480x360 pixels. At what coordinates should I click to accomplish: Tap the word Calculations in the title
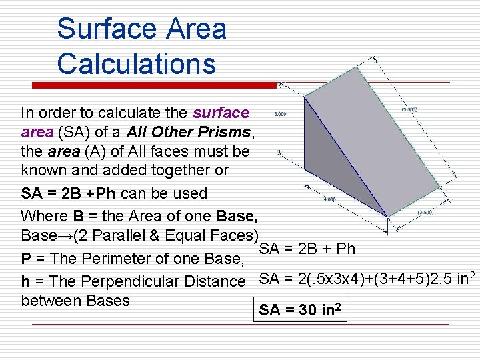pyautogui.click(x=137, y=64)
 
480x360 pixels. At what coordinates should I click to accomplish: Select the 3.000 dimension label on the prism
pyautogui.click(x=280, y=114)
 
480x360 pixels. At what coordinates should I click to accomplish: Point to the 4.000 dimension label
pyautogui.click(x=329, y=199)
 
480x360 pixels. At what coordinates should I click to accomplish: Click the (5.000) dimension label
pyautogui.click(x=409, y=109)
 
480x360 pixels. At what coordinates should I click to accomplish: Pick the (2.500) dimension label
pyautogui.click(x=426, y=213)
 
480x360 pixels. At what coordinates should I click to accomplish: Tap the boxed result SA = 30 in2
pyautogui.click(x=302, y=310)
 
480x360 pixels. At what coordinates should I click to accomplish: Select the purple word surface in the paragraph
pyautogui.click(x=221, y=113)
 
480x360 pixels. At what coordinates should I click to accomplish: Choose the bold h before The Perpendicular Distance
pyautogui.click(x=25, y=282)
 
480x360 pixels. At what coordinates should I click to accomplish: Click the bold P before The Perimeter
pyautogui.click(x=26, y=259)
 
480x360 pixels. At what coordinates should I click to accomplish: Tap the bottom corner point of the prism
pyautogui.click(x=387, y=216)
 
